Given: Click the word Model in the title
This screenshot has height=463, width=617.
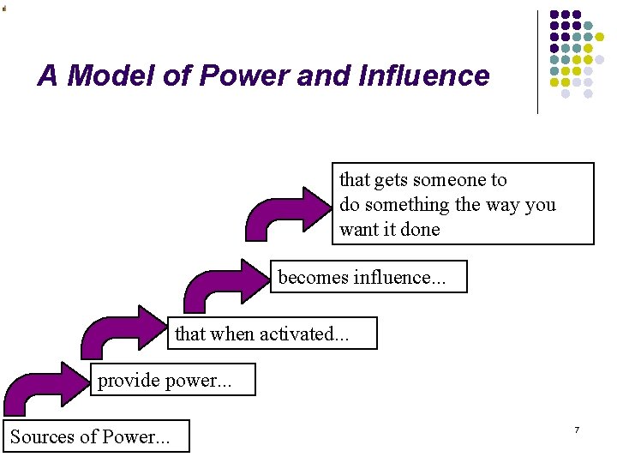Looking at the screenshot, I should [x=106, y=76].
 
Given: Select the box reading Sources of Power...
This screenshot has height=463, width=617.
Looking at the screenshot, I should [x=95, y=436].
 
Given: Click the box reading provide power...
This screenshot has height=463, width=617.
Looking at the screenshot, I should [x=172, y=380].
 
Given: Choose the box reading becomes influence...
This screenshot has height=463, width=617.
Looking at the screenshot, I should [x=369, y=277].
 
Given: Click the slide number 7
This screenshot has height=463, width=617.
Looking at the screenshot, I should [x=577, y=429].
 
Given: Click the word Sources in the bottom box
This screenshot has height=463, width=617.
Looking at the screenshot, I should [x=42, y=436].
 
